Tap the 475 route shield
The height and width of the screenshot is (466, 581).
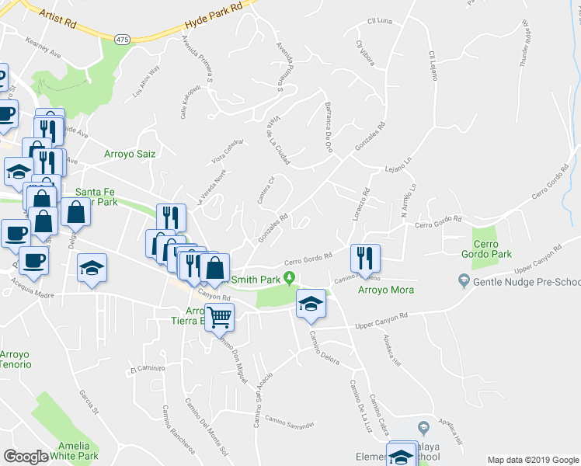click(x=122, y=39)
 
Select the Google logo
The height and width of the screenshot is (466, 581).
click(x=26, y=457)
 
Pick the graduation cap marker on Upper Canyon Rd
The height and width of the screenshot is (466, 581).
click(x=311, y=304)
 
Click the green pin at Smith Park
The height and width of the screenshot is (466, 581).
click(x=290, y=278)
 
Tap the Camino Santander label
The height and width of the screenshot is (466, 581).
click(x=289, y=422)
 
